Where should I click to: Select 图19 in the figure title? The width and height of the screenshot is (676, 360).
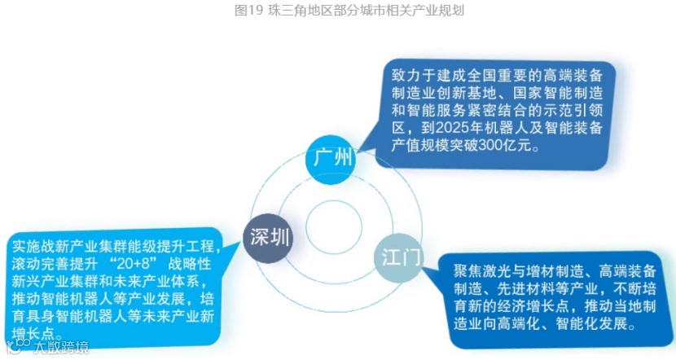click(x=244, y=11)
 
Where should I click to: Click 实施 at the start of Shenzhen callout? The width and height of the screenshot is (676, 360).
click(x=23, y=245)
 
